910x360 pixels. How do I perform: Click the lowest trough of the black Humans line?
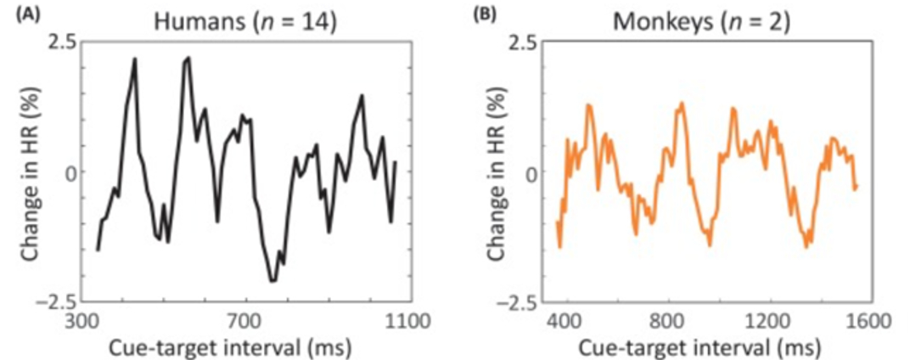click(x=272, y=281)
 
